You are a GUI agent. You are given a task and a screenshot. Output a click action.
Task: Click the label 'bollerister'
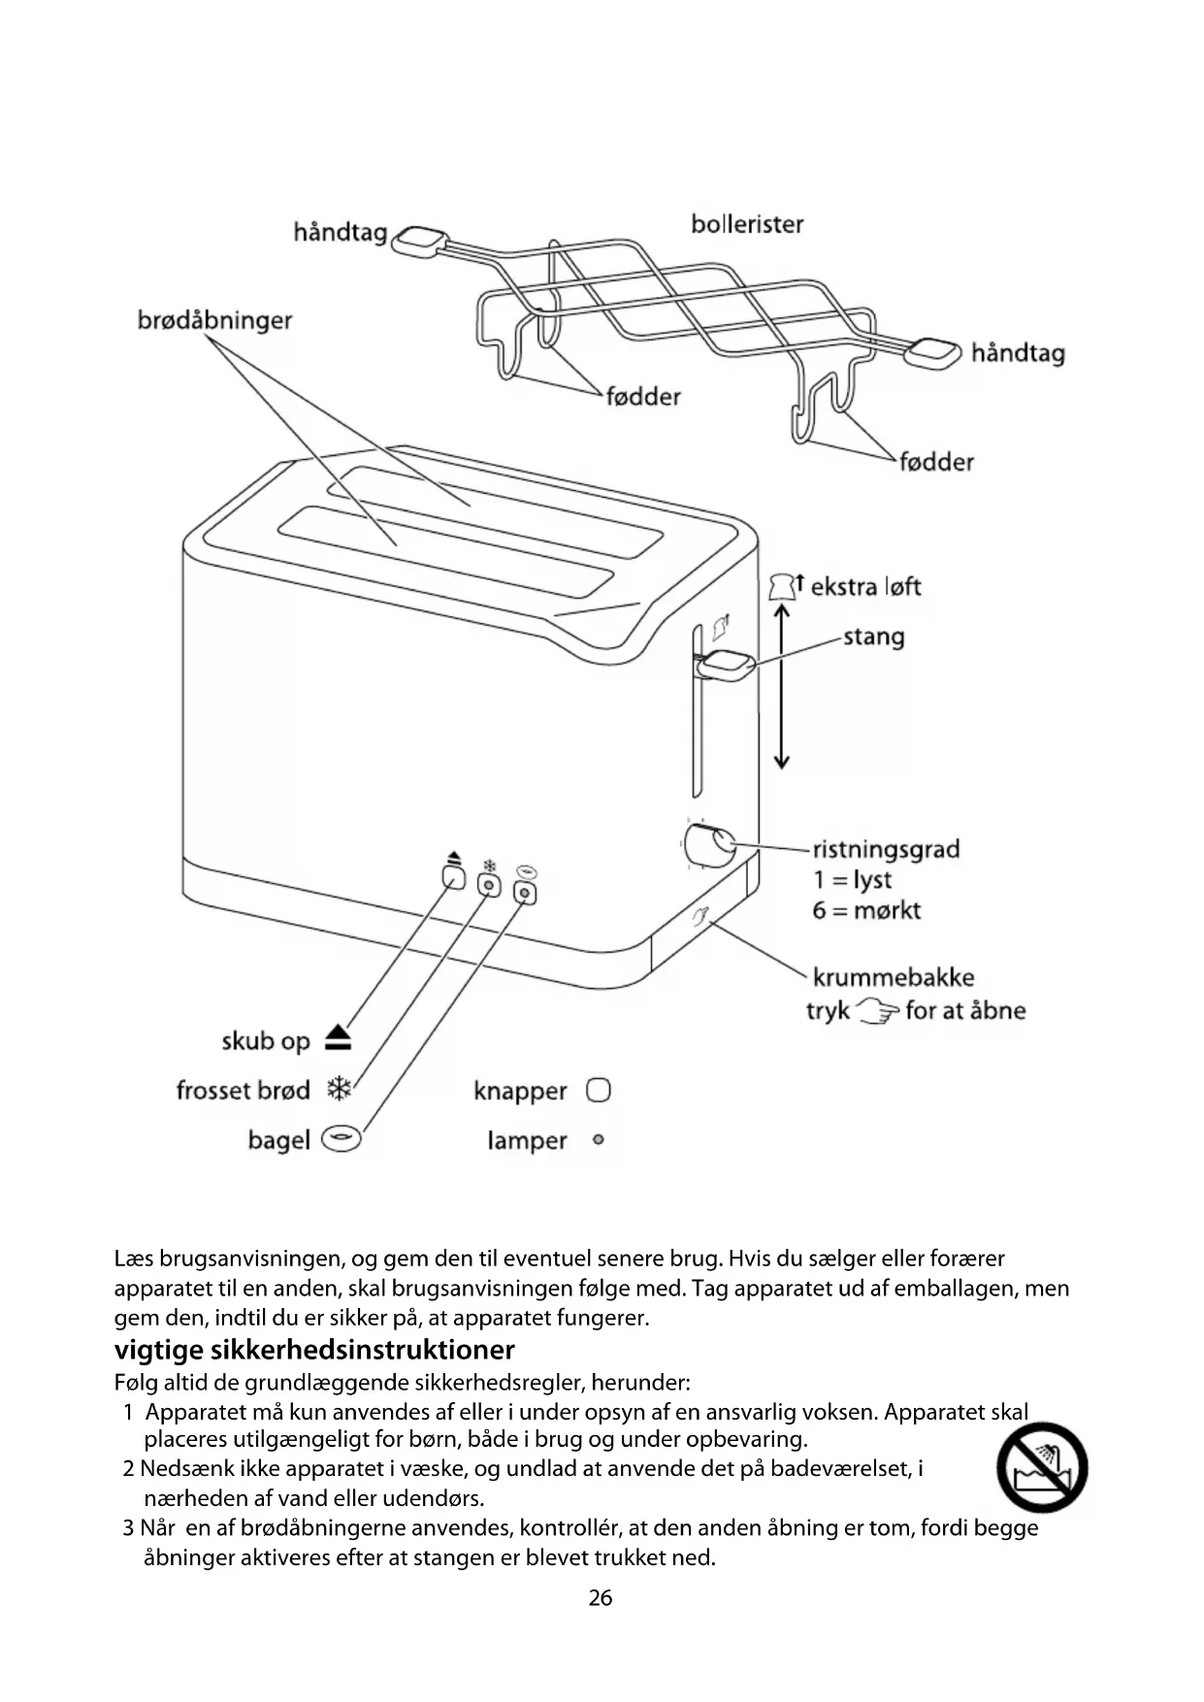click(747, 224)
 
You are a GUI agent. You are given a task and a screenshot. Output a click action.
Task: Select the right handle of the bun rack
click(932, 352)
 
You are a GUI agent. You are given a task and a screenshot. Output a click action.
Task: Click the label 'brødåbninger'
click(214, 320)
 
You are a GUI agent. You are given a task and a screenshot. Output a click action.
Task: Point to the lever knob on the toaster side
click(728, 667)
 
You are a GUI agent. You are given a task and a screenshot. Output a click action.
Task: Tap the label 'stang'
click(873, 637)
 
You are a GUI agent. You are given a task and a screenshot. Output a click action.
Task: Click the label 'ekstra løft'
click(865, 586)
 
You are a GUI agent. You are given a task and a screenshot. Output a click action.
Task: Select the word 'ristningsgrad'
click(886, 849)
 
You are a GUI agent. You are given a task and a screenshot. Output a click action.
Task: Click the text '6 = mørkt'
click(866, 910)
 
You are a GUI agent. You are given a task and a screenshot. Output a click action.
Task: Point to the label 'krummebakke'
click(893, 977)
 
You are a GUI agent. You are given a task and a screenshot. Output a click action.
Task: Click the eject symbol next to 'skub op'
click(338, 1038)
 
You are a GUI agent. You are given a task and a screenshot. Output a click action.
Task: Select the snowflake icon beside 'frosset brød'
click(339, 1090)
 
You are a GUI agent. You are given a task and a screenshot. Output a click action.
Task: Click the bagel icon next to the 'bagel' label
click(341, 1139)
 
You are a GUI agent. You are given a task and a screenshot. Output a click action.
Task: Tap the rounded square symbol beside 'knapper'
click(599, 1091)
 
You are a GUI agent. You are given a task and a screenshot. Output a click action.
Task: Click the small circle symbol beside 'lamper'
click(598, 1140)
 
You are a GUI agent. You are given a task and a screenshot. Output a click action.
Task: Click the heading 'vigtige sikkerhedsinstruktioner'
click(314, 1350)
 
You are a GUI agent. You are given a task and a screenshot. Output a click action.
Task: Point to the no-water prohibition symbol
click(1042, 1467)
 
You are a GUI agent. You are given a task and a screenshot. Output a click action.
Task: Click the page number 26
click(601, 1597)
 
